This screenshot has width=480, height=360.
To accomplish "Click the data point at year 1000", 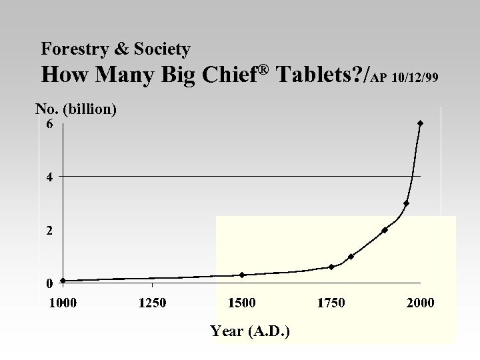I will (63, 281).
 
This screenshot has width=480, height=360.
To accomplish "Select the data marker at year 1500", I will (242, 275).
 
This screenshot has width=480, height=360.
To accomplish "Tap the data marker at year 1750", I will (331, 267).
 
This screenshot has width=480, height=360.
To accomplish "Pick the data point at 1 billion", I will (351, 257).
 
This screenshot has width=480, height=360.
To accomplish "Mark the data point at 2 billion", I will (385, 230).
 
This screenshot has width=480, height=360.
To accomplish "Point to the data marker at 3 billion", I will (406, 203).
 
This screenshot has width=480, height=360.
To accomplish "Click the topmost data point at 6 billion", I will (420, 123).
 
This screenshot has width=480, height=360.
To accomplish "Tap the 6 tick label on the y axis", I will (49, 124).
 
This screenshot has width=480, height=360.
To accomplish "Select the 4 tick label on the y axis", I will (49, 177).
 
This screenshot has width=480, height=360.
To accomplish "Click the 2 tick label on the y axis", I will (49, 231).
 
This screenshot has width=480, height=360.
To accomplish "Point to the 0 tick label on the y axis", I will (49, 283).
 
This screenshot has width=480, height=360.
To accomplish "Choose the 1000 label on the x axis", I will (63, 303).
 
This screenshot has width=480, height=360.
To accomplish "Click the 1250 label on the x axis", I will (152, 303).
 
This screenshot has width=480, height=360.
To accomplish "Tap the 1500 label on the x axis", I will (241, 303).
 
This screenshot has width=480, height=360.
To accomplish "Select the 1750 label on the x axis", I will (331, 303).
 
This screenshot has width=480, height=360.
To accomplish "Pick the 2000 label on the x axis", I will (420, 303).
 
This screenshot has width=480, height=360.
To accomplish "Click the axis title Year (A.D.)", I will (249, 331).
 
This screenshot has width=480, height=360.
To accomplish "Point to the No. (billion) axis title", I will (75, 109).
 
